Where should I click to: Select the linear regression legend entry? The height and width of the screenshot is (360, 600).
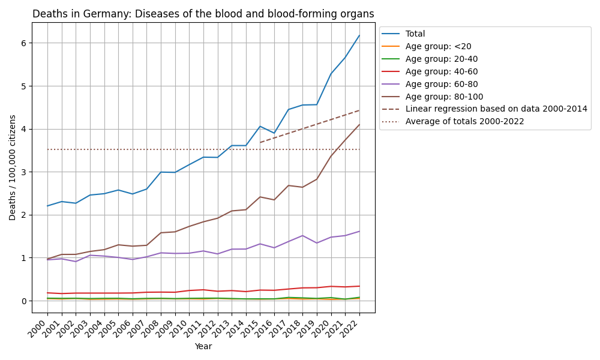496,109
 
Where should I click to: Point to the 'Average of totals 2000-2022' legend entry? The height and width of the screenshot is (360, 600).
464,122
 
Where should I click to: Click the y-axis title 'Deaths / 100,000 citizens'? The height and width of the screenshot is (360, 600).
13,167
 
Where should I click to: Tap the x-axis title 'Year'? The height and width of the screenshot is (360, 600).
203,346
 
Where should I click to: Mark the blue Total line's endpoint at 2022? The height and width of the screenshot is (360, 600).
359,35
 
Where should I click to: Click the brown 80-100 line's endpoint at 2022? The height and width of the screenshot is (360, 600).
359,124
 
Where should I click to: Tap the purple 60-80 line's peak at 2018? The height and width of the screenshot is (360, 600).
303,236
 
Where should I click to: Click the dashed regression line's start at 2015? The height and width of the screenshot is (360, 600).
260,142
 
